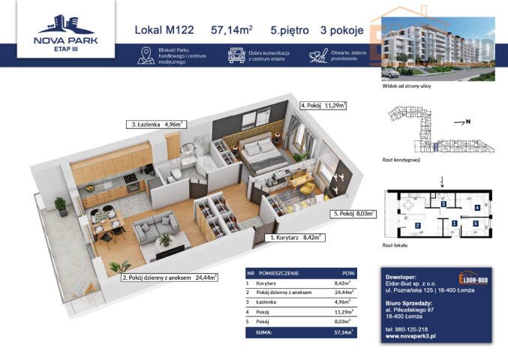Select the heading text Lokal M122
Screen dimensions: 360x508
tap(164, 31)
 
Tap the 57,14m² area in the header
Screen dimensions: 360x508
tap(232, 31)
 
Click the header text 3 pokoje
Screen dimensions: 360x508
tap(342, 31)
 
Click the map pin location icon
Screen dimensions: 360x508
tap(146, 55)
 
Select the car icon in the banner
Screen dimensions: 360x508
tap(236, 55)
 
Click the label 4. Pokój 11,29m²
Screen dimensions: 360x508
tap(323, 106)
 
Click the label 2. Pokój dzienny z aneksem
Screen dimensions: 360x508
tap(169, 277)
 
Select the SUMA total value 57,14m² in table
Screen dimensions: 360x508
tap(344, 331)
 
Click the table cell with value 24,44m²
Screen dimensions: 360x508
tap(344, 295)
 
